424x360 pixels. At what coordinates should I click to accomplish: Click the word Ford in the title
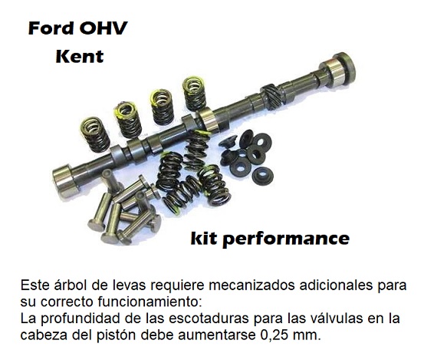click(x=51, y=28)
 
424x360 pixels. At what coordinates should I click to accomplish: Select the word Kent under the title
click(x=80, y=56)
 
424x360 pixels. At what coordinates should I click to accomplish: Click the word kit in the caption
click(x=204, y=238)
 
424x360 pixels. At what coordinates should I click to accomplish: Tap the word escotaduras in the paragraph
click(x=209, y=319)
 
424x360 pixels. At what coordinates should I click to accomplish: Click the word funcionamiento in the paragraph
click(x=150, y=302)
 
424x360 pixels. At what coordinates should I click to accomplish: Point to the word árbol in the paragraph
click(x=71, y=285)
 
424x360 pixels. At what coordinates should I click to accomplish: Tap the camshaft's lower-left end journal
click(x=65, y=181)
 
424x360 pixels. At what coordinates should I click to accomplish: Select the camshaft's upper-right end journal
click(x=337, y=71)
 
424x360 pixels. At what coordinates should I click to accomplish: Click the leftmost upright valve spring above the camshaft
click(x=95, y=134)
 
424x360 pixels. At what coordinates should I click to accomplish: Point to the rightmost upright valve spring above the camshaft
click(x=194, y=93)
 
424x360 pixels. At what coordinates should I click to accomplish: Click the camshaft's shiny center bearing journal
click(x=209, y=120)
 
